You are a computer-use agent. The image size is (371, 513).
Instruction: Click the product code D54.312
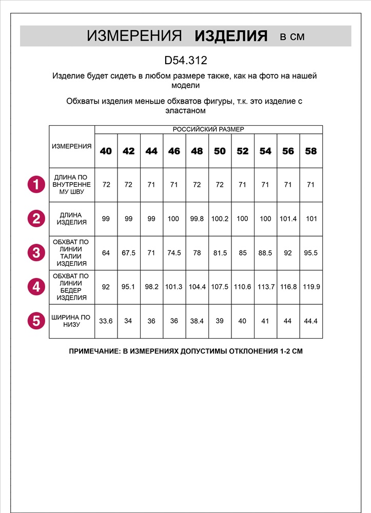click(185, 61)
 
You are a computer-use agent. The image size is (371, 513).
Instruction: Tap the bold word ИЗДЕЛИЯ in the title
click(231, 36)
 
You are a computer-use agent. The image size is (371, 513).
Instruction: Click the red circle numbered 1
click(36, 184)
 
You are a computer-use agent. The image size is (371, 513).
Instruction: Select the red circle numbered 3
click(36, 252)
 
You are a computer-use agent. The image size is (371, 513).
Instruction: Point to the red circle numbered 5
click(36, 321)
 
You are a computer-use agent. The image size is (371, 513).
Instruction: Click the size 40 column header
click(106, 151)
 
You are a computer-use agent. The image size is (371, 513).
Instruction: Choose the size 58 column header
click(310, 151)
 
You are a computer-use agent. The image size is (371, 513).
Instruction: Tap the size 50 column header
click(220, 151)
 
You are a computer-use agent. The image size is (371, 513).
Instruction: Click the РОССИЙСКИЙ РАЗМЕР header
click(208, 130)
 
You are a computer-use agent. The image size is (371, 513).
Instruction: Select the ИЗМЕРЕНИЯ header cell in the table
click(72, 146)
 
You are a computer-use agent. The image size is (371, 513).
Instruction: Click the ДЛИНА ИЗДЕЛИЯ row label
click(72, 219)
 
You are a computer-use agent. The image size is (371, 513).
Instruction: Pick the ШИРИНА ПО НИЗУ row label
click(72, 321)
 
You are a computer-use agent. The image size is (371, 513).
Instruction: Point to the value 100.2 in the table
click(220, 219)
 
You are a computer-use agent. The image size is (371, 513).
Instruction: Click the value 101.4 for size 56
click(288, 219)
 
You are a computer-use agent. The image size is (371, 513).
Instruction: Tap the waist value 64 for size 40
click(106, 253)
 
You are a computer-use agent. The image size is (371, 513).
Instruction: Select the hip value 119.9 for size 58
click(311, 287)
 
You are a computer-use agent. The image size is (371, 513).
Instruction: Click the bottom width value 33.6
click(106, 321)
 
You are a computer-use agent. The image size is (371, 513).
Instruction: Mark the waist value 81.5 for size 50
click(220, 253)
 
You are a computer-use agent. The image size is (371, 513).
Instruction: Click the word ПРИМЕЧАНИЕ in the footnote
click(93, 352)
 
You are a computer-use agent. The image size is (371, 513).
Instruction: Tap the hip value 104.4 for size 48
click(197, 287)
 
